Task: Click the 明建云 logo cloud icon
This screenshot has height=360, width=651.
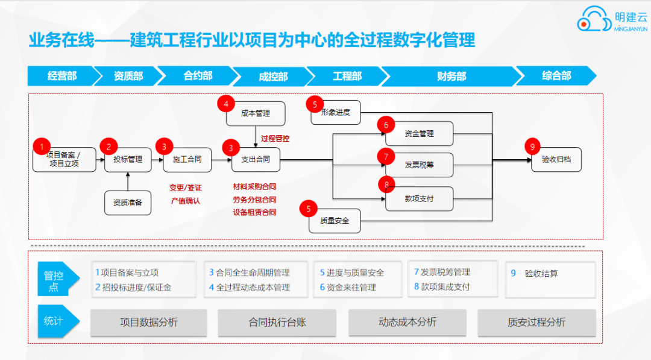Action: click(x=594, y=19)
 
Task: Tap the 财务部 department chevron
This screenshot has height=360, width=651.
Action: click(x=451, y=76)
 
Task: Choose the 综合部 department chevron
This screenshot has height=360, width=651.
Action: click(x=556, y=75)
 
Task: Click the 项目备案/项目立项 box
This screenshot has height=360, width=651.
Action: click(x=64, y=159)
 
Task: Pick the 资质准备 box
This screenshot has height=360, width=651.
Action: click(x=128, y=203)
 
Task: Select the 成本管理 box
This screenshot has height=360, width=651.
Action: click(x=256, y=113)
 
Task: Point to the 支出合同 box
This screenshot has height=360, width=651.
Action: click(x=256, y=159)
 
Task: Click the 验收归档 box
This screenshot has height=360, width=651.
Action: click(x=556, y=159)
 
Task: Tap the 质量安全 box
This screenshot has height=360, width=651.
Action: click(x=335, y=221)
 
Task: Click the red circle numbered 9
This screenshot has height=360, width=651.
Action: click(x=532, y=147)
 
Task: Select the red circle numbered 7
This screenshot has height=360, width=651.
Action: click(x=386, y=157)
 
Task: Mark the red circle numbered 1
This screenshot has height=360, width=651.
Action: click(x=42, y=147)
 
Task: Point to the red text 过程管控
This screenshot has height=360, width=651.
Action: click(x=275, y=138)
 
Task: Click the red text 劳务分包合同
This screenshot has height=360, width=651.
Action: click(x=254, y=200)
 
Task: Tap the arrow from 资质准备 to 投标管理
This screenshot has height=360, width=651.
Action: click(x=128, y=182)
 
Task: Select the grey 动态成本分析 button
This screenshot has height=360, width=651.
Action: click(x=407, y=322)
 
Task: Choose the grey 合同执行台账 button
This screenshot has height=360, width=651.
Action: click(x=277, y=322)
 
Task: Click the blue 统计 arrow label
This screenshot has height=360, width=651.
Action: click(x=58, y=321)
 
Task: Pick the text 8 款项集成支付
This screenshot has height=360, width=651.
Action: click(x=442, y=287)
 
